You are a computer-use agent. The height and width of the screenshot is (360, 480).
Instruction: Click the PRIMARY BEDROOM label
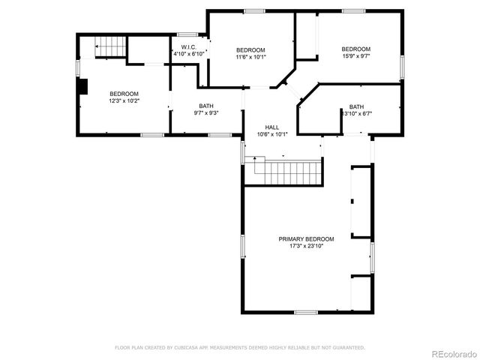click(306, 238)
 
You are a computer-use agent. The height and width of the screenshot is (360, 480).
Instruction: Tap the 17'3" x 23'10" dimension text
click(306, 245)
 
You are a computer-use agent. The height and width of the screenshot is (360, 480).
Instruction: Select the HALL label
click(272, 127)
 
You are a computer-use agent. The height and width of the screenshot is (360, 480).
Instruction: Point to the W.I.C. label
click(188, 47)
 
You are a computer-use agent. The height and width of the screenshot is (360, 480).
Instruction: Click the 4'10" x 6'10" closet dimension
click(188, 54)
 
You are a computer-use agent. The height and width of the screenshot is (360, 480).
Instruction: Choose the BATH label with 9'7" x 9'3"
click(205, 106)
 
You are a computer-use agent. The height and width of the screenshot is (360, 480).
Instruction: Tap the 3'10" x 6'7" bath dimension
click(358, 114)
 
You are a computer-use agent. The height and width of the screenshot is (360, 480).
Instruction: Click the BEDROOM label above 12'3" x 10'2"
click(124, 94)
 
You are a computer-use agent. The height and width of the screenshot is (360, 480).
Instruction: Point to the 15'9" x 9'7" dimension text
click(355, 56)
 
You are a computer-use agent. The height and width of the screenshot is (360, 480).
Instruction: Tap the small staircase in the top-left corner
click(109, 48)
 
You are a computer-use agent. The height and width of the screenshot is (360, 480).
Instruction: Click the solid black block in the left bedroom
click(84, 88)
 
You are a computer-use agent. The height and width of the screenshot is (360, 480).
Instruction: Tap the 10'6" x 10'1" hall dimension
click(272, 135)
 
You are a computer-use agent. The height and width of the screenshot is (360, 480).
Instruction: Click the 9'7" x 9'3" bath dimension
click(205, 112)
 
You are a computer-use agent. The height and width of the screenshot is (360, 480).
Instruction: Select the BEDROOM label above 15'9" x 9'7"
click(355, 49)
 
